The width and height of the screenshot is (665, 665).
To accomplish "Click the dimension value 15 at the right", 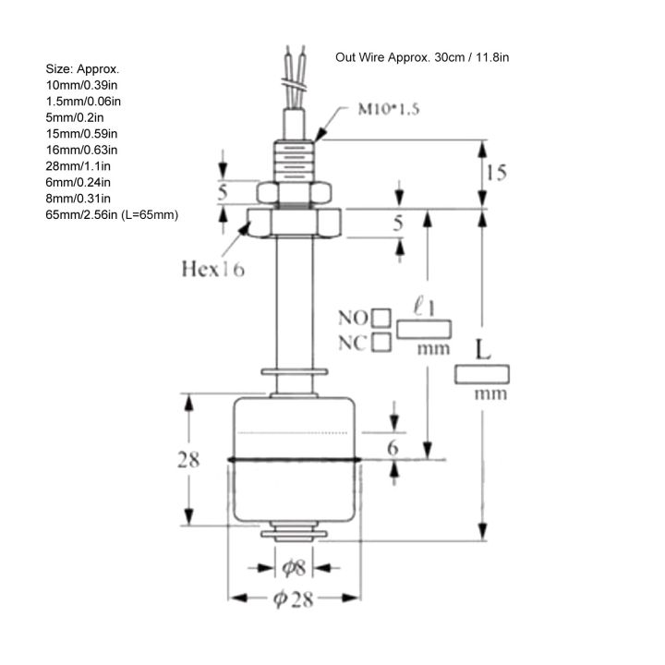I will click(496, 173).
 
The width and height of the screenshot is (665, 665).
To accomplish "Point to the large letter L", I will click(482, 351).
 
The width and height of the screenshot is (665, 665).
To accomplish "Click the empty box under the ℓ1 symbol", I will click(425, 329).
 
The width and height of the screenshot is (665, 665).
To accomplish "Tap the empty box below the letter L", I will click(482, 373).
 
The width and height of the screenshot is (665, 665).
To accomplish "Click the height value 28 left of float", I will click(188, 459).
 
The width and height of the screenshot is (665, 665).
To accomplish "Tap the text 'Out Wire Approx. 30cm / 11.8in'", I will click(422, 56).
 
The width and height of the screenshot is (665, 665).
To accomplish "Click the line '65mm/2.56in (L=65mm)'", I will click(112, 214).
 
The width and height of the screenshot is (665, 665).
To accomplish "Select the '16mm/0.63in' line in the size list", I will click(81, 149).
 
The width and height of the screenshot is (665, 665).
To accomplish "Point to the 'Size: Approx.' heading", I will click(82, 69).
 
